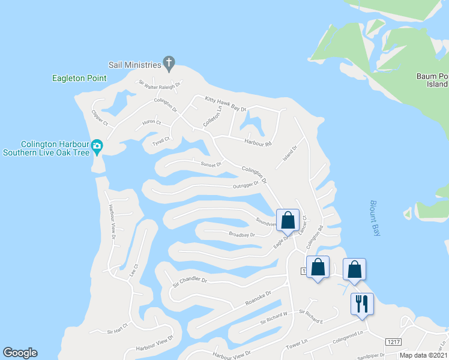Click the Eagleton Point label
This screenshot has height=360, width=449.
click(79, 78)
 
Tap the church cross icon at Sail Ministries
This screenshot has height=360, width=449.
click(169, 63)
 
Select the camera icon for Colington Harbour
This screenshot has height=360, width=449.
click(97, 146)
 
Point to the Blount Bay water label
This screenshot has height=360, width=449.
click(375, 218)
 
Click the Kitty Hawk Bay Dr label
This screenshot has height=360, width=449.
click(226, 103)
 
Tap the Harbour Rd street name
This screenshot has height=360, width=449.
click(258, 143)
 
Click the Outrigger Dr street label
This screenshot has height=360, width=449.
click(246, 185)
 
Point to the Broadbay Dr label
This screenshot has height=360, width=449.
click(242, 235)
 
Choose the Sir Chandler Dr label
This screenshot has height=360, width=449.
click(190, 280)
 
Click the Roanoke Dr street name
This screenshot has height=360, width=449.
click(259, 298)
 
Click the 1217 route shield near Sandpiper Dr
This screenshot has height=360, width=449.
click(394, 341)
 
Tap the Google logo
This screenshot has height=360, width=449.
click(20, 353)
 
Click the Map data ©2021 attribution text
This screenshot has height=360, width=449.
click(423, 355)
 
